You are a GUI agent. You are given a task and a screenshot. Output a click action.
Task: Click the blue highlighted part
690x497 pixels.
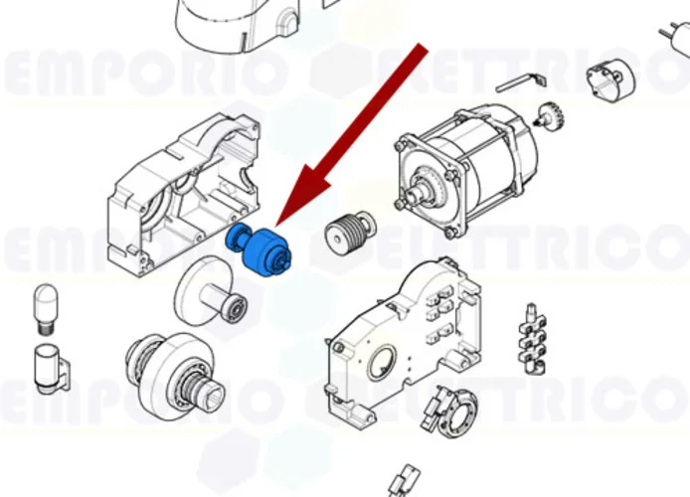pos(261,249)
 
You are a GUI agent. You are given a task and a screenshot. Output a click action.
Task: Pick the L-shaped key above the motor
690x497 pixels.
pos(524,79)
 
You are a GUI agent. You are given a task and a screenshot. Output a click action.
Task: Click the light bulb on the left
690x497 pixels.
pos(45,307)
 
